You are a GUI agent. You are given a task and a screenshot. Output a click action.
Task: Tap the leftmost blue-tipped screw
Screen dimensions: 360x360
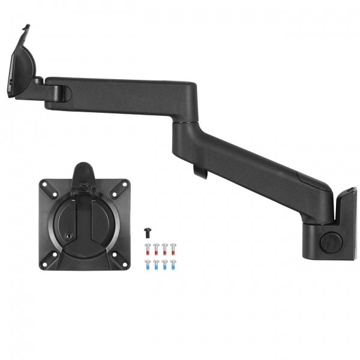[147, 263]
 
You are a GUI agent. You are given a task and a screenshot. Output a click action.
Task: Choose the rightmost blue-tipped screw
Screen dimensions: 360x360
[173, 263]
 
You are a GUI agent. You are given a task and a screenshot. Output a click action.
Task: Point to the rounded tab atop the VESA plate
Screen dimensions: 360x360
[84, 169]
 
